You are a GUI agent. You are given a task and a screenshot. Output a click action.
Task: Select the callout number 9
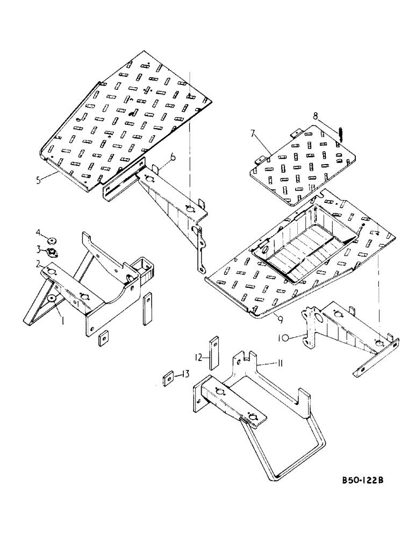point(281,318)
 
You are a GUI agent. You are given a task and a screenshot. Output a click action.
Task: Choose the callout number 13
point(185,374)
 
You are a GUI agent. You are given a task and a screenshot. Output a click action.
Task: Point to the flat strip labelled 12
point(214,352)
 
